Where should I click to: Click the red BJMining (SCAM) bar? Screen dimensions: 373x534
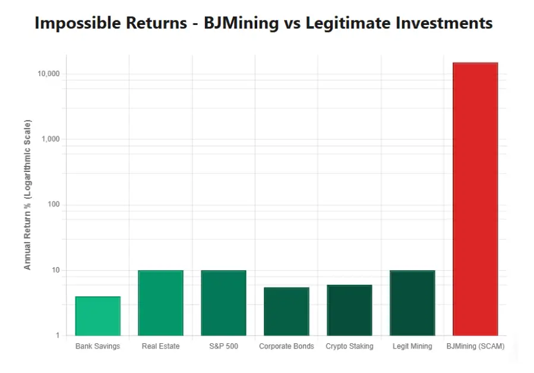475,199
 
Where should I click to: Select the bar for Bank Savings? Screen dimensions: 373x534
97,316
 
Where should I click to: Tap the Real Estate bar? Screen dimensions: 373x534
160,303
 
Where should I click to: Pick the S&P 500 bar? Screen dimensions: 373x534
223,303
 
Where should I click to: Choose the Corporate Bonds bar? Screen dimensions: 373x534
286,311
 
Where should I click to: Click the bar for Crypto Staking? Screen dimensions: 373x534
349,310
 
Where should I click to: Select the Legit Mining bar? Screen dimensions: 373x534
412,303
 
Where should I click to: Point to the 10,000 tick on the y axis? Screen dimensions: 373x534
49,74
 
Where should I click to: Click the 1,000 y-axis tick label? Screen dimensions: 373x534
50,139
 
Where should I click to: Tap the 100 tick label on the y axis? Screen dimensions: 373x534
53,205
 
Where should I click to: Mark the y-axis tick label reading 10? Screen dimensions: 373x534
55,270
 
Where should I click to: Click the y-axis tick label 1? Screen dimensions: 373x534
58,336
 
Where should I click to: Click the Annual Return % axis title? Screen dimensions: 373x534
28,195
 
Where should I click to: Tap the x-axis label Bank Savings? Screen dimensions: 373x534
97,346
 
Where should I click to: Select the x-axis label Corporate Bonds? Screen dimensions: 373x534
286,346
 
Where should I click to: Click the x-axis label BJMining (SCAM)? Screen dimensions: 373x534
475,346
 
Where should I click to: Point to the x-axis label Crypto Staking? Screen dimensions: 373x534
349,346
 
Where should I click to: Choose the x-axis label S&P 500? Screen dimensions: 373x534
223,346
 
